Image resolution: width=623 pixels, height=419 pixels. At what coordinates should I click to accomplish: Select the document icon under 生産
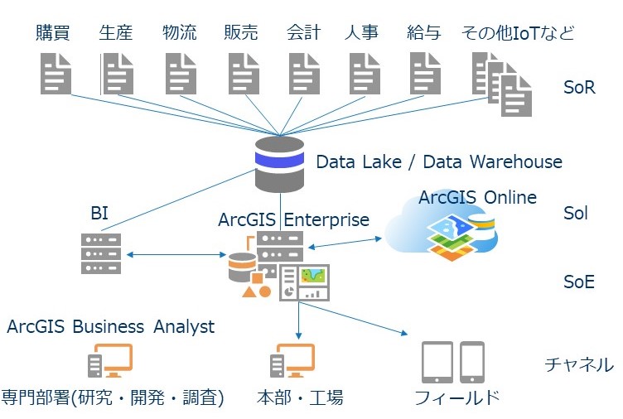click(117, 73)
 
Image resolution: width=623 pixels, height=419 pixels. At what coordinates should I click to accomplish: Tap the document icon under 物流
click(180, 73)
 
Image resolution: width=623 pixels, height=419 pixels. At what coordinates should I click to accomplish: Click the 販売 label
click(241, 33)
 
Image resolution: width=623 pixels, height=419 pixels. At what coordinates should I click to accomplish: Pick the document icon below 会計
click(303, 73)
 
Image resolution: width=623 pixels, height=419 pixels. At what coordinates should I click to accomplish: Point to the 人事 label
click(361, 33)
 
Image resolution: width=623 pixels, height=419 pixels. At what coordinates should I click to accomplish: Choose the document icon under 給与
click(424, 73)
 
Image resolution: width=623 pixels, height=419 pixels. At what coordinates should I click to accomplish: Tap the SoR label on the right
click(578, 87)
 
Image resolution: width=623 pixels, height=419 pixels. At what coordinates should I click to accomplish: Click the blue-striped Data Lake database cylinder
click(279, 164)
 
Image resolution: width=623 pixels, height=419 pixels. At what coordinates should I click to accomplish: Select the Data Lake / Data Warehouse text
click(438, 161)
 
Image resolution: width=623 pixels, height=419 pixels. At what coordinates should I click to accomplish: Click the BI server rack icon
click(101, 253)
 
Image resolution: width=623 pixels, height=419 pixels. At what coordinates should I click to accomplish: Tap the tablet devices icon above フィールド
click(452, 362)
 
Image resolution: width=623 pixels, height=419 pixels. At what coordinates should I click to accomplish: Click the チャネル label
click(578, 364)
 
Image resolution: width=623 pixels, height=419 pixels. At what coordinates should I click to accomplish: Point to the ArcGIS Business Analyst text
click(110, 326)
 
